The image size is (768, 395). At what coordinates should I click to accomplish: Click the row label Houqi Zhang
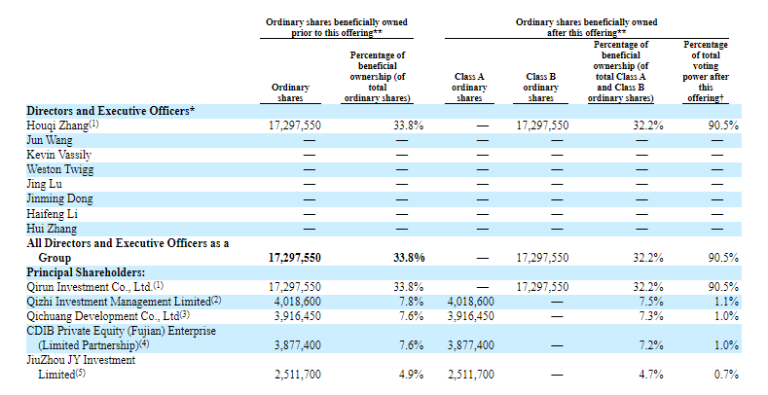coord(57,126)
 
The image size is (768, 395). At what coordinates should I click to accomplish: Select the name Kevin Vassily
coord(58,155)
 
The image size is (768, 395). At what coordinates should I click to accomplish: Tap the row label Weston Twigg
coord(59,170)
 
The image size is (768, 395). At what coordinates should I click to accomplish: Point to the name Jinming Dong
coord(59,199)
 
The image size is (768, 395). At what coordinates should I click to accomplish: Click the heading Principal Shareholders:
coord(86,272)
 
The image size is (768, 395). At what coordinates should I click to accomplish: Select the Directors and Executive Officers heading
coord(110,111)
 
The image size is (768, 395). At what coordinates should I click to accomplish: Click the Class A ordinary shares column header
coord(469,88)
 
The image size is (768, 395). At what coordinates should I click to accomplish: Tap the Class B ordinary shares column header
coord(541,88)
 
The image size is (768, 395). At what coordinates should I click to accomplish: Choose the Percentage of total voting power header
coord(706,71)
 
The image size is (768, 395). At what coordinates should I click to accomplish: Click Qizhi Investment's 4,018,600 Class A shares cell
coord(471,302)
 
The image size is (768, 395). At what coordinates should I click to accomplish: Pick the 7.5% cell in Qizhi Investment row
coord(651,302)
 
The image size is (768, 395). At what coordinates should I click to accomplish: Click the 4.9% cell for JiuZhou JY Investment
coord(411,375)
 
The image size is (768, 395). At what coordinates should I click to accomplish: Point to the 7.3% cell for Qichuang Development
coord(651,316)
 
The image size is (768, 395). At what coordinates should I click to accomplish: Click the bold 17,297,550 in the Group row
coord(295,258)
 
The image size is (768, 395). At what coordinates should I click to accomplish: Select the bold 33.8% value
coord(409,258)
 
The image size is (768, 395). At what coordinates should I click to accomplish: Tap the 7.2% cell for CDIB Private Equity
coord(651,345)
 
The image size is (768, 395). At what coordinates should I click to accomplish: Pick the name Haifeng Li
coord(52,214)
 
